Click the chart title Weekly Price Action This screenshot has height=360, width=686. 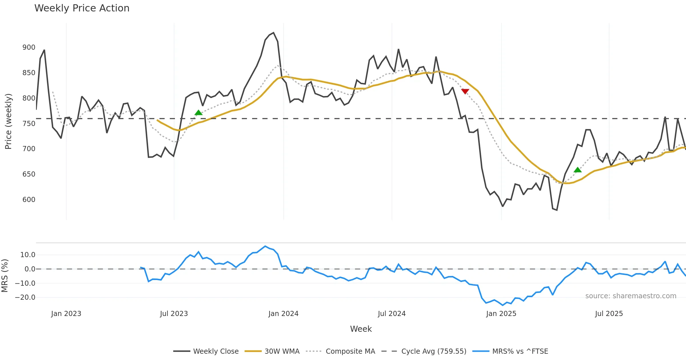pos(82,8)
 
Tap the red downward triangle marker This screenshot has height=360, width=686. pos(465,91)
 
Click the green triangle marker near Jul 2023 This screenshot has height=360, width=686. pos(198,113)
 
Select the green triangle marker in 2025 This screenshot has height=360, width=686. pos(578,170)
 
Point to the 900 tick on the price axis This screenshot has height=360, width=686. pos(29,47)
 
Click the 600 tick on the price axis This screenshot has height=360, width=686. pos(29,200)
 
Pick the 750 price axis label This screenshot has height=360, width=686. pos(29,124)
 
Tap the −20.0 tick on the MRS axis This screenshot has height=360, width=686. pos(25,297)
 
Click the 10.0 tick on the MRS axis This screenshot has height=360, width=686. pos(28,255)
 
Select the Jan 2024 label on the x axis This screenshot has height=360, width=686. pos(283,314)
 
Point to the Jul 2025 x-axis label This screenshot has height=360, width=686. pos(609,314)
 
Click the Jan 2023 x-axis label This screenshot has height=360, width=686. pos(66,314)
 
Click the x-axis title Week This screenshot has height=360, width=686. pos(361,329)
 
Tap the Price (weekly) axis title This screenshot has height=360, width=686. pos(8,121)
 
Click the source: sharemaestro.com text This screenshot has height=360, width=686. pos(631,296)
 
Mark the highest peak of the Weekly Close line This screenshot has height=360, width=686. pos(274,33)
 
